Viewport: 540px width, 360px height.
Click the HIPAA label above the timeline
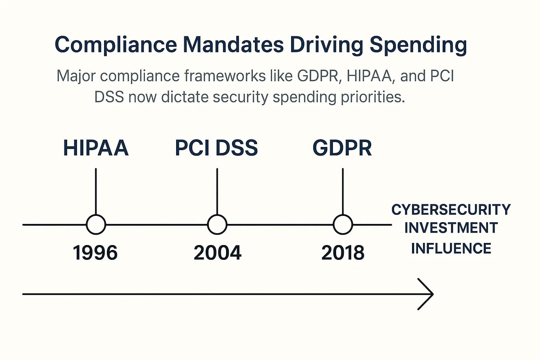[96, 148]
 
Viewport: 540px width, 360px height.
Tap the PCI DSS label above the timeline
[216, 148]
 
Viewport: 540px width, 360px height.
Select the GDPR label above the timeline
[342, 148]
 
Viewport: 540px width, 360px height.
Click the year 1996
[95, 253]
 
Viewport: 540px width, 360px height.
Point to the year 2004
[217, 253]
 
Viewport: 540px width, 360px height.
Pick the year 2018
[343, 253]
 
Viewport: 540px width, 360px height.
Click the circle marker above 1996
[96, 224]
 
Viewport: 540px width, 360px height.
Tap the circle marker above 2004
[217, 224]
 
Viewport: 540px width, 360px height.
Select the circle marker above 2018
[343, 224]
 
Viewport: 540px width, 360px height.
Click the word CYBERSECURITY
[451, 210]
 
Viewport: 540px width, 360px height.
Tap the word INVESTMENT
[451, 228]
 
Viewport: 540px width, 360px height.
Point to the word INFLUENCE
[451, 249]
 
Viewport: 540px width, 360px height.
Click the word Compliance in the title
[116, 45]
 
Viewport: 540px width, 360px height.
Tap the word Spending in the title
[418, 45]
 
